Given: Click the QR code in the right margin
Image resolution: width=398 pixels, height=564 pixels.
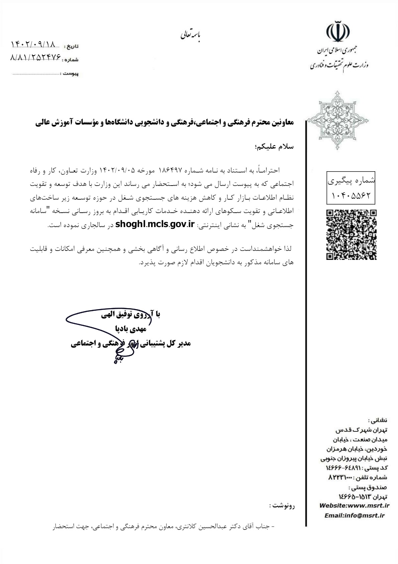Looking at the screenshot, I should (x=351, y=234).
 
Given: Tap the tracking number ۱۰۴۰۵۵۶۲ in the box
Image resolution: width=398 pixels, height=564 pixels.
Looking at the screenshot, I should (x=351, y=195).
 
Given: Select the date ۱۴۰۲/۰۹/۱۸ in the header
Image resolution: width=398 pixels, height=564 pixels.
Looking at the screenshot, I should (x=33, y=44).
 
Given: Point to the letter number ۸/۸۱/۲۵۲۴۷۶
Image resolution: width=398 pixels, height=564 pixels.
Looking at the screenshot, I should (x=36, y=58).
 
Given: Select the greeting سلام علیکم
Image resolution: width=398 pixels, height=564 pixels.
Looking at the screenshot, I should (x=274, y=147).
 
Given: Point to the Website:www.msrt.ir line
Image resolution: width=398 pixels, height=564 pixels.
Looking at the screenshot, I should (x=355, y=506).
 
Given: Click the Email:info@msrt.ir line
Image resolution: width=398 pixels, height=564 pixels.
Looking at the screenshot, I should (x=355, y=516).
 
